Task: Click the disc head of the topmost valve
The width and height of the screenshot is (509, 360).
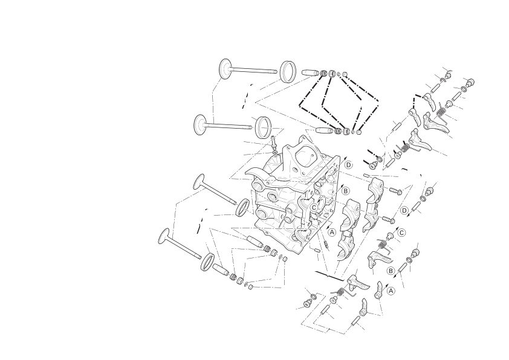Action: coord(225,68)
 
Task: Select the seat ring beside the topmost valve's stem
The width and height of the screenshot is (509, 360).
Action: coord(288,72)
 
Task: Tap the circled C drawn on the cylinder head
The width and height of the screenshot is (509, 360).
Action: coord(314,207)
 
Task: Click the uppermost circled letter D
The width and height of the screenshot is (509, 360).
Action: coord(348,165)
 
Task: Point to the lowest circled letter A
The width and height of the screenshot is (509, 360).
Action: coord(391,291)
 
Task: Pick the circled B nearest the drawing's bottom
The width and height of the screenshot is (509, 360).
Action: coord(391,271)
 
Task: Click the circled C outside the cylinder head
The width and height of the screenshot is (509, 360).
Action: coord(402,233)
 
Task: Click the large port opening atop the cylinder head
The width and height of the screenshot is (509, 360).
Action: coord(305,155)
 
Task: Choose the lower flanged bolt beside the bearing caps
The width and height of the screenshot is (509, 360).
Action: coord(389,220)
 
